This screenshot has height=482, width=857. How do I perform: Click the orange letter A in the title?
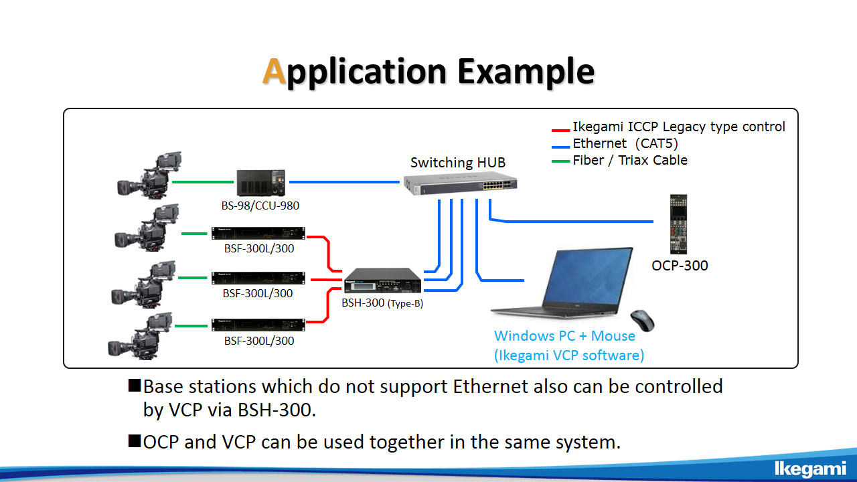pyautogui.click(x=275, y=71)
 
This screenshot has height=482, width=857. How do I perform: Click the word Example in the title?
pyautogui.click(x=526, y=72)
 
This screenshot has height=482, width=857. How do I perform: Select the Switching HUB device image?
pyautogui.click(x=460, y=183)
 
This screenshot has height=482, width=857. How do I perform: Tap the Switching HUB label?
pyautogui.click(x=458, y=163)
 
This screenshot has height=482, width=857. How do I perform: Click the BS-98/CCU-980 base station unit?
pyautogui.click(x=261, y=183)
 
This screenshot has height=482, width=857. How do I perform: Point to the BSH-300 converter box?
pyautogui.click(x=382, y=280)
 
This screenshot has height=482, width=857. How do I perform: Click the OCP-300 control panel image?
pyautogui.click(x=678, y=224)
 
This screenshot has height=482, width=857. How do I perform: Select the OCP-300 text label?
pyautogui.click(x=680, y=266)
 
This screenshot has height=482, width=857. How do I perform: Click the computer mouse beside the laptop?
pyautogui.click(x=642, y=321)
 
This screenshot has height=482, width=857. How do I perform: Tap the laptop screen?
pyautogui.click(x=589, y=276)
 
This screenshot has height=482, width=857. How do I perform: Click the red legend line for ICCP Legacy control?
pyautogui.click(x=560, y=131)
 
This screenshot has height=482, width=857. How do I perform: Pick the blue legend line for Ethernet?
pyautogui.click(x=560, y=147)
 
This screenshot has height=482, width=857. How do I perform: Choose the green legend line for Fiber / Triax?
pyautogui.click(x=560, y=161)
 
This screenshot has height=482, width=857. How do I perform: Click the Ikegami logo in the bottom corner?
pyautogui.click(x=810, y=469)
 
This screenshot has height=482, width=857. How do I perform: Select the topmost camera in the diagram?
pyautogui.click(x=149, y=175)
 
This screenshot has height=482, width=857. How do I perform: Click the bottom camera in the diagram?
pyautogui.click(x=140, y=336)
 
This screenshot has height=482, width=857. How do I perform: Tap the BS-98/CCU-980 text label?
pyautogui.click(x=260, y=206)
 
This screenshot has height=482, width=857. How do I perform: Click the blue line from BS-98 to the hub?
pyautogui.click(x=344, y=182)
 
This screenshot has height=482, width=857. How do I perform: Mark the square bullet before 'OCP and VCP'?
pyautogui.click(x=135, y=440)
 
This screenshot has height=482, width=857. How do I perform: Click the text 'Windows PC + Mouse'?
pyautogui.click(x=564, y=336)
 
